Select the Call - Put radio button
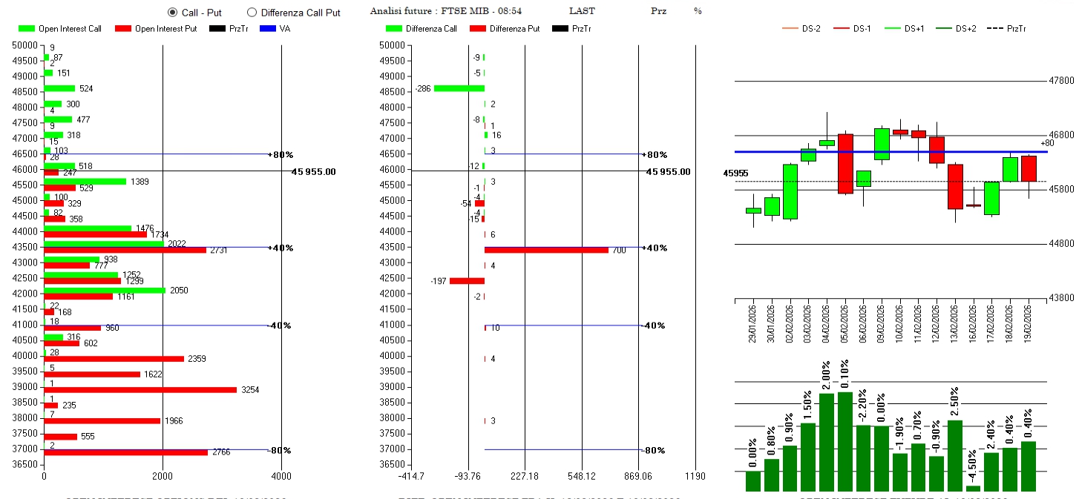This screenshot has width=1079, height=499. tap(173, 13)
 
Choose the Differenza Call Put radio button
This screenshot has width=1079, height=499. tap(252, 13)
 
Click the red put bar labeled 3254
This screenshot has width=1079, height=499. tap(140, 389)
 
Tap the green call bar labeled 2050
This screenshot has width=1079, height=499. tap(105, 290)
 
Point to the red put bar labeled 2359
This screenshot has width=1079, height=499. tap(114, 358)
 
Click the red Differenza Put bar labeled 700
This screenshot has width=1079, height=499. tap(546, 250)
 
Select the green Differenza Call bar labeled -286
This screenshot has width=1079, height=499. tap(459, 88)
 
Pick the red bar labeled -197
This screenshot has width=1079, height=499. tap(467, 281)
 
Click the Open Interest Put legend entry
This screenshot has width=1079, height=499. tap(156, 29)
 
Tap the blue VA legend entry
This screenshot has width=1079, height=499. tap(275, 29)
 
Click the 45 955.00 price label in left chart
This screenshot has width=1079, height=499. tap(314, 172)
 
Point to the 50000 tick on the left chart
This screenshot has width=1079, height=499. tap(24, 45)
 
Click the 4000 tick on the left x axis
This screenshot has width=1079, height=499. tap(281, 476)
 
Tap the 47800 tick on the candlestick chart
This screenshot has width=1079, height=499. tap(1060, 81)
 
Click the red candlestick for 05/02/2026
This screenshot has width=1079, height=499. tap(845, 164)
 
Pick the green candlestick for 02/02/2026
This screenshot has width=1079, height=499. tap(790, 191)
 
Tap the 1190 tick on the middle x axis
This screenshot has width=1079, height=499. tap(695, 476)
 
